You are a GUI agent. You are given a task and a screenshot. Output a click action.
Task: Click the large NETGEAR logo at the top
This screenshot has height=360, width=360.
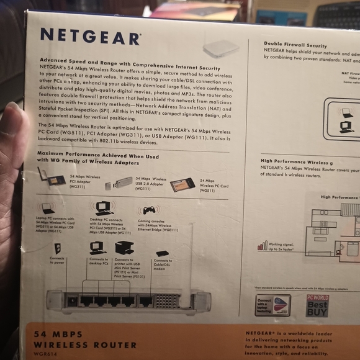[x=90, y=37]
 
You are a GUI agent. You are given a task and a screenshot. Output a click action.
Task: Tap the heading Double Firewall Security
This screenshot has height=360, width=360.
[x=295, y=45]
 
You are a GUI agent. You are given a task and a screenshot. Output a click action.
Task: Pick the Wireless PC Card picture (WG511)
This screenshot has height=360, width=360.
[x=181, y=184]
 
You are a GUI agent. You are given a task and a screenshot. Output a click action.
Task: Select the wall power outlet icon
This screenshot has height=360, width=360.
[x=57, y=248]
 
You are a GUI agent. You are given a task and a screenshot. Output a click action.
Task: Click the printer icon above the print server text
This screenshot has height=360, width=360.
[x=124, y=248]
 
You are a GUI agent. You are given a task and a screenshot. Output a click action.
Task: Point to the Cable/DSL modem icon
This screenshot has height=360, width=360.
[x=163, y=253]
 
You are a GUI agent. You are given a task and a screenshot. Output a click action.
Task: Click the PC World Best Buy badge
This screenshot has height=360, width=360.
[x=317, y=305]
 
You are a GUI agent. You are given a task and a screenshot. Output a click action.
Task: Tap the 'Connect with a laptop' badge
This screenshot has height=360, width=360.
[x=272, y=305]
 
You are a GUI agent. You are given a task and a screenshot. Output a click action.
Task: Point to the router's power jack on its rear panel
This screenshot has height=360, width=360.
[x=73, y=301]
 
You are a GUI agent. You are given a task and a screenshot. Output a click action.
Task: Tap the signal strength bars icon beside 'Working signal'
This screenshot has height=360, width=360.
[x=262, y=246]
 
